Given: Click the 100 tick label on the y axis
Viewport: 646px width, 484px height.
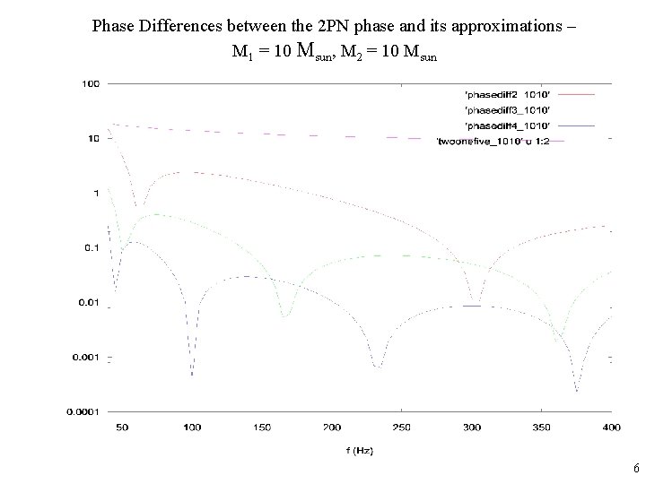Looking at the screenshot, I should coord(89,83).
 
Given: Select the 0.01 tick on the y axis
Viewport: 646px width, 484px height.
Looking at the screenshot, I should coord(90,302).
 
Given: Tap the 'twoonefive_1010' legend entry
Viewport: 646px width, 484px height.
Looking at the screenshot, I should coord(492,141).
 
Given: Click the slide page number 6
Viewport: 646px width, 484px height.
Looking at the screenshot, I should coord(635,468).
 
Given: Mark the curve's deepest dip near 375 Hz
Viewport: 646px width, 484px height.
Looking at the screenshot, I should coord(576,390).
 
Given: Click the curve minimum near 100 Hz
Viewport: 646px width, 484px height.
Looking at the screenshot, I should coord(191,374).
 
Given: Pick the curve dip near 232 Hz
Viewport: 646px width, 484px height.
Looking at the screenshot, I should coord(377,367).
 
